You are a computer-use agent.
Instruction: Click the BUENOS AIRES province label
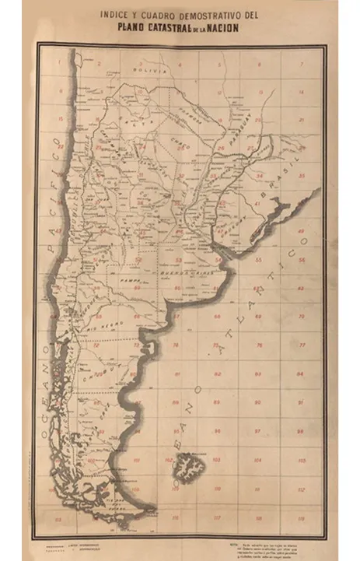(180, 276)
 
